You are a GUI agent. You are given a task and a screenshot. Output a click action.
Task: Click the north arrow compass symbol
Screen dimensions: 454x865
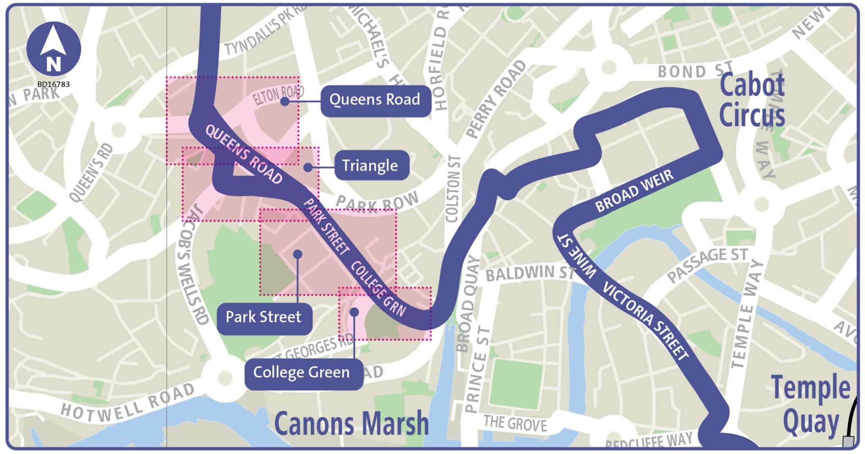(54, 49)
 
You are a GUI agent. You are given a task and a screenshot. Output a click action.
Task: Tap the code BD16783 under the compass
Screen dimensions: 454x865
(53, 84)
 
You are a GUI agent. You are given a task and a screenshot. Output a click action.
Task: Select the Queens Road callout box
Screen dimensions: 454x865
(375, 100)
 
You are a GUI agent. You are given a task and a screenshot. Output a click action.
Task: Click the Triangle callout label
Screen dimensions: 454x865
(370, 166)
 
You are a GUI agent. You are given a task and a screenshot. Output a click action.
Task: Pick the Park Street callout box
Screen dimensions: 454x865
(264, 317)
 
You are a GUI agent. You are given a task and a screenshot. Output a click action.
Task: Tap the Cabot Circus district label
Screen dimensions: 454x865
(752, 101)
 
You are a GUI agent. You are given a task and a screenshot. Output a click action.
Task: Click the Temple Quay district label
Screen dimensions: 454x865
(810, 405)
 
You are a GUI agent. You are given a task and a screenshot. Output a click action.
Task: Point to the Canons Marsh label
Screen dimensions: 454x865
(351, 424)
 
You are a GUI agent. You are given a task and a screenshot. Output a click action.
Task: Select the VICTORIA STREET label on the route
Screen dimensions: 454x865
(645, 321)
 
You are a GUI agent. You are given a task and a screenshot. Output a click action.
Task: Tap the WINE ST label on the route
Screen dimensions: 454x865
(576, 256)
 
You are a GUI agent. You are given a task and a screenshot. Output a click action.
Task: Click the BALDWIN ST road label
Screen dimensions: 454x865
(530, 274)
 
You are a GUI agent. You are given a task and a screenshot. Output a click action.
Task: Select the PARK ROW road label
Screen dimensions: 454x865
(377, 202)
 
